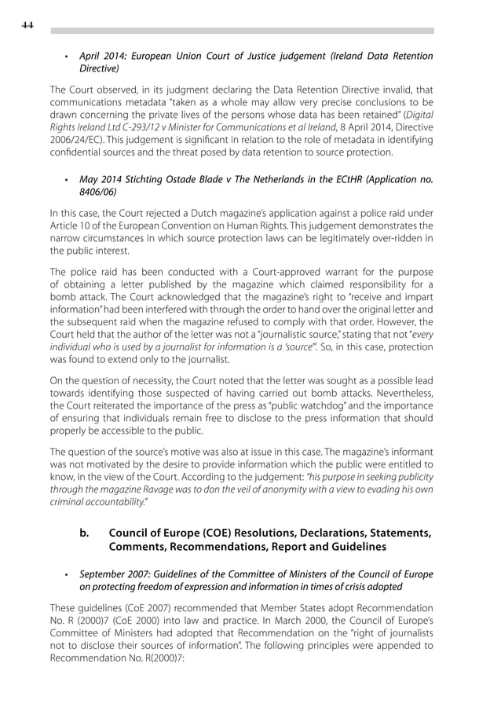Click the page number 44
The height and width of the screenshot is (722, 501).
pos(27,26)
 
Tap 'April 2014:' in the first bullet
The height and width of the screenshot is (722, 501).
pos(105,56)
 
